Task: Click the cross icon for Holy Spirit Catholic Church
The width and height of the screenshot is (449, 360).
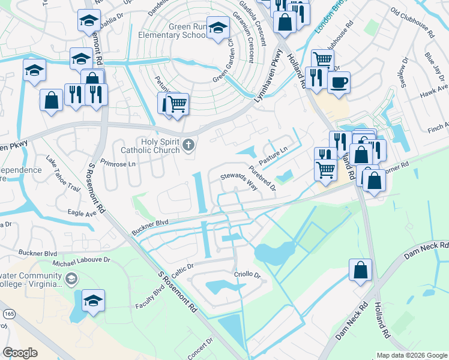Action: [188, 145]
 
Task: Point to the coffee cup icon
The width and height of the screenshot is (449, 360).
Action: [339, 83]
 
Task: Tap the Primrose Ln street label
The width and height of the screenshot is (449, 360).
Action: [119, 163]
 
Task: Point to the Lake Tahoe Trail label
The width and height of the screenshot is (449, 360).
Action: [63, 175]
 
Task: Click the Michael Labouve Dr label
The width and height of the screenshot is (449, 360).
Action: [82, 261]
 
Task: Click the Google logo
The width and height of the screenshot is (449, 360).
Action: [20, 353]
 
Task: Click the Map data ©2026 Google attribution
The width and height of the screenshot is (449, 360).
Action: [411, 355]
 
